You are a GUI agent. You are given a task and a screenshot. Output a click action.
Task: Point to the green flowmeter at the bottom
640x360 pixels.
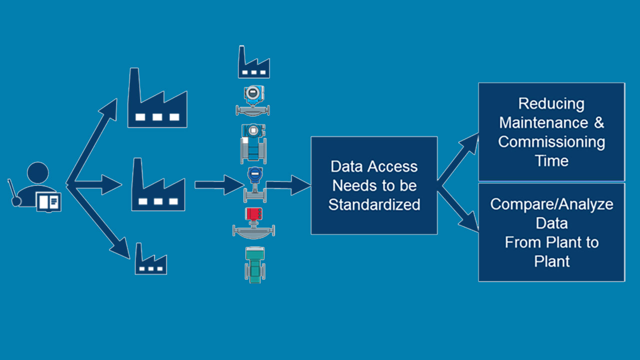(255, 264)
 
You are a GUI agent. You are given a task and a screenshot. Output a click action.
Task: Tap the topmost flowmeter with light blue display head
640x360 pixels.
(253, 100)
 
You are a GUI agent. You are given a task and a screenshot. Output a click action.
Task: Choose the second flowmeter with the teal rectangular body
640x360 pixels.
(254, 143)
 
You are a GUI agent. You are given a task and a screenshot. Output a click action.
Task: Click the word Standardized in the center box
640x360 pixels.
(374, 204)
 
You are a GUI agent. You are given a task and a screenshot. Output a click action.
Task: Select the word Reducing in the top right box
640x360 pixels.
(551, 103)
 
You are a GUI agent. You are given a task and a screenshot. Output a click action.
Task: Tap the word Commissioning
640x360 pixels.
(551, 141)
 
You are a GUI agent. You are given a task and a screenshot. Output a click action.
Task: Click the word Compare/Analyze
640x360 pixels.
(551, 204)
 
